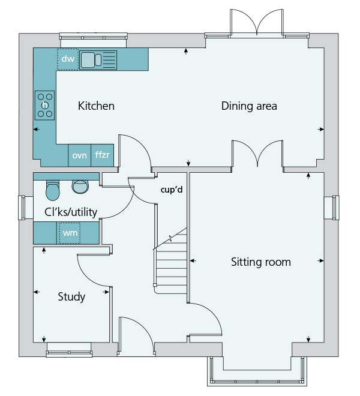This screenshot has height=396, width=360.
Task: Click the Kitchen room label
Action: click(x=96, y=106)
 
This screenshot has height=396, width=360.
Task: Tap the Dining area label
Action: click(x=249, y=106)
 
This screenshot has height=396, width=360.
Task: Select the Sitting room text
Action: click(x=261, y=262)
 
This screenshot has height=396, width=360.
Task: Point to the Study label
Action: click(x=71, y=297)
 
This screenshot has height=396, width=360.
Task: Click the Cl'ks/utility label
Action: click(x=71, y=212)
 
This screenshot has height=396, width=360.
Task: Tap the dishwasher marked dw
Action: click(x=67, y=59)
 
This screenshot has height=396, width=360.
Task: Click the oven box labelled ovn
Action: click(x=79, y=155)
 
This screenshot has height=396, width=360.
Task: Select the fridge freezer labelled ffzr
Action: click(x=103, y=155)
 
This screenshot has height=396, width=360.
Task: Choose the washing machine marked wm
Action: click(x=69, y=233)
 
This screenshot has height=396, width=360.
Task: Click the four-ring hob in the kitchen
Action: click(x=45, y=105)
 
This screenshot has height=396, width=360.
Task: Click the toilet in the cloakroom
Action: click(x=53, y=191)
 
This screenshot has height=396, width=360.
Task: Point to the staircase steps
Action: click(x=172, y=264)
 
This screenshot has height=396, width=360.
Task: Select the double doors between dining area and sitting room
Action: click(x=257, y=155)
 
